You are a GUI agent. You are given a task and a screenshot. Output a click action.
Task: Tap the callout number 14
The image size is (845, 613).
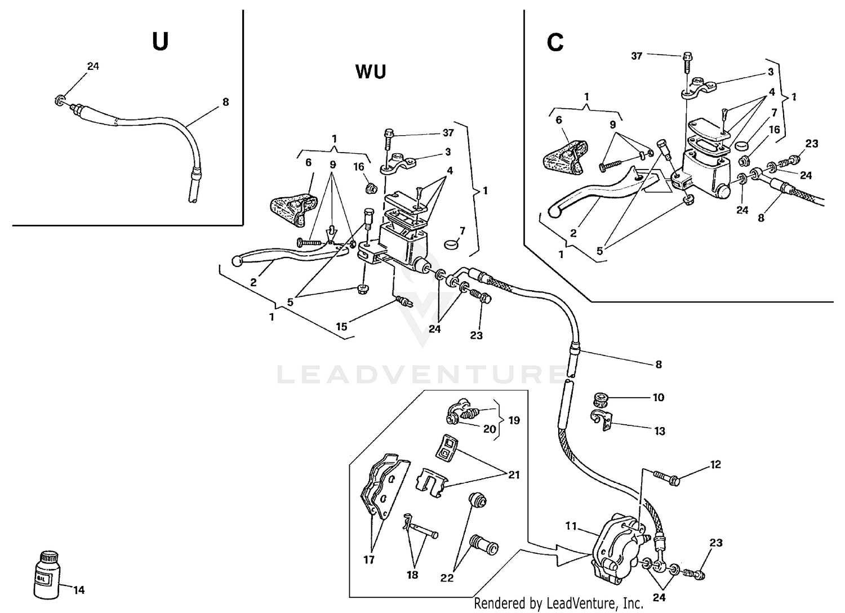point(79,590)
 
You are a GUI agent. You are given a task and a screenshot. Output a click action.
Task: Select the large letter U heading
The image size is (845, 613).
point(160,42)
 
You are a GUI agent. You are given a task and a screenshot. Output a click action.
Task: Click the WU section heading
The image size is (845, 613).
point(371,72)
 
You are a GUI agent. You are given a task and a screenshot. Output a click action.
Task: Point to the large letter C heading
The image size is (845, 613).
point(555,43)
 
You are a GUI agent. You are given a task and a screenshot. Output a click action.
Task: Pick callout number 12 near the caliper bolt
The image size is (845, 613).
point(715,465)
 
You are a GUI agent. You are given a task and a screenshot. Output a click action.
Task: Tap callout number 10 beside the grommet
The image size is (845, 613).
point(659,397)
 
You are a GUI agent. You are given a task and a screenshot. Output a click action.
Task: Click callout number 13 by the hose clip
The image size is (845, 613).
point(660,431)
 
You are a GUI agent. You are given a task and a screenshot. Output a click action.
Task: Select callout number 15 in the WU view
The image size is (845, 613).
point(341,326)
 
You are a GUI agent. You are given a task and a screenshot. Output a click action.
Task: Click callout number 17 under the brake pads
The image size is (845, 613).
point(369,560)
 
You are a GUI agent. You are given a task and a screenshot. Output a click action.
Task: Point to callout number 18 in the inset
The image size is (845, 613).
point(412,575)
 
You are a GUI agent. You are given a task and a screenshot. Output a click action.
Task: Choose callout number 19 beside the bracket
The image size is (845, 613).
point(514,420)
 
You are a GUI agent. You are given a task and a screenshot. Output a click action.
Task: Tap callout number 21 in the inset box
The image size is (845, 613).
point(514,475)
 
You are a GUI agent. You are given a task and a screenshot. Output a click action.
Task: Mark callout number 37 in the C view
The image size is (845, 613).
point(637,56)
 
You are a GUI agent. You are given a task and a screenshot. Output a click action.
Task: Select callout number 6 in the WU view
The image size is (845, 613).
point(308,162)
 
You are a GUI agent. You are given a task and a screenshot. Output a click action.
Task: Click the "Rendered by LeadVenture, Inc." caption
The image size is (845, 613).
point(558,603)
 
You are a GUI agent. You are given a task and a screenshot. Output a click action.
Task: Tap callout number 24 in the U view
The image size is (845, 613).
point(93,66)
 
